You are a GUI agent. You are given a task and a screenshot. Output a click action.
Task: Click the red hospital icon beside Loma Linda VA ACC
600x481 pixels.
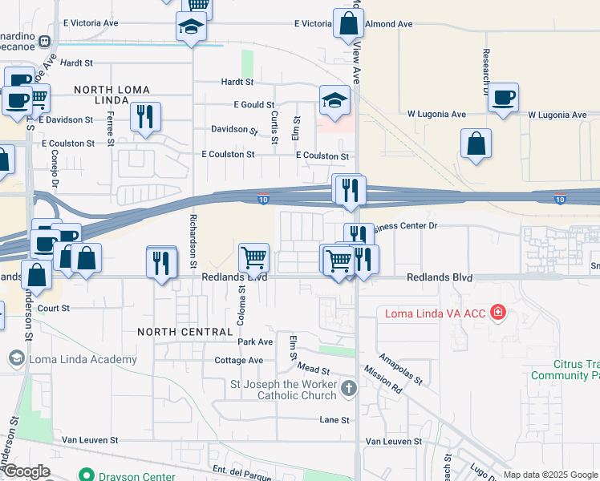[x=499, y=312]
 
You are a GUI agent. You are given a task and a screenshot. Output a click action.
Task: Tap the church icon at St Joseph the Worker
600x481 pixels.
[x=348, y=389]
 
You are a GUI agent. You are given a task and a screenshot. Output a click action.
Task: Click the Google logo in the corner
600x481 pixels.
[x=26, y=471]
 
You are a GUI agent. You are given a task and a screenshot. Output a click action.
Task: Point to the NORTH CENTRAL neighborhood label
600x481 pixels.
[x=177, y=331]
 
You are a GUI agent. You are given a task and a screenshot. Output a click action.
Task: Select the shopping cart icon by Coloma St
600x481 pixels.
[x=254, y=257]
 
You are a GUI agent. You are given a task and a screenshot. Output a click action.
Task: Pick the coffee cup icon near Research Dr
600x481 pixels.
[x=503, y=98]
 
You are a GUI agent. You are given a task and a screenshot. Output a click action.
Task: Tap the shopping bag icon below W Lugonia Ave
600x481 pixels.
[x=476, y=144]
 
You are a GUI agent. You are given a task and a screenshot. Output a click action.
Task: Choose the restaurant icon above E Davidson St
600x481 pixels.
[x=145, y=116]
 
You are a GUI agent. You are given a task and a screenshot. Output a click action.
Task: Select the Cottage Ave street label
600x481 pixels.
[x=239, y=361]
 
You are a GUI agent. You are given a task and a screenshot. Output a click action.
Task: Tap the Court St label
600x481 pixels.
[x=55, y=308]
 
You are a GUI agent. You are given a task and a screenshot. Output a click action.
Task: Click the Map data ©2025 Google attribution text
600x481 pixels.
[x=550, y=475]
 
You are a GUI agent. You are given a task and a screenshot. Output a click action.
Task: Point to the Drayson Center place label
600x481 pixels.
[x=136, y=476]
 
